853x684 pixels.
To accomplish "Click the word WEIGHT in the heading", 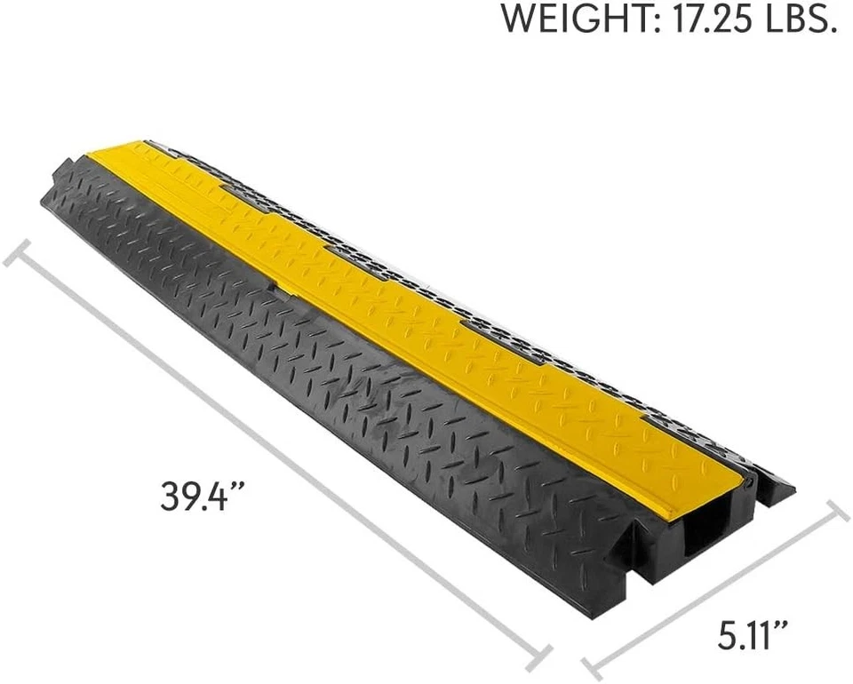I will (573, 20).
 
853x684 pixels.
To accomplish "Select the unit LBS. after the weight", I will (796, 20).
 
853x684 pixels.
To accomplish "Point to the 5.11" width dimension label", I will (753, 636).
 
